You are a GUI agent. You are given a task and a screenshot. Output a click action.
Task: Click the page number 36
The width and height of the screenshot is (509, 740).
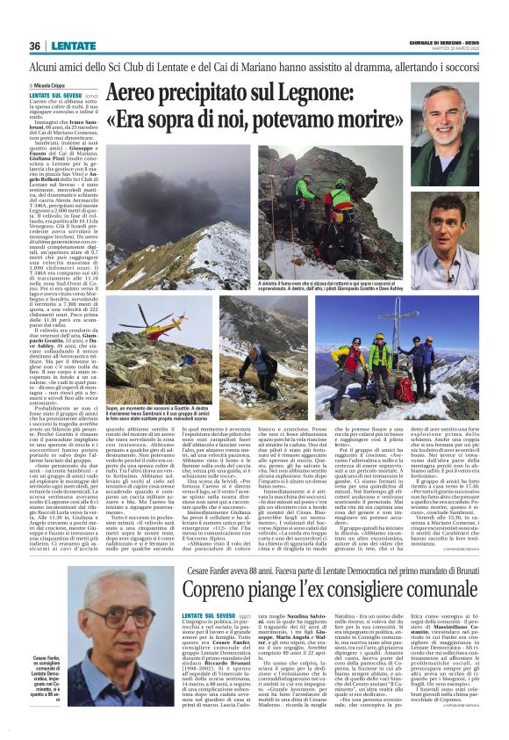click(x=35, y=46)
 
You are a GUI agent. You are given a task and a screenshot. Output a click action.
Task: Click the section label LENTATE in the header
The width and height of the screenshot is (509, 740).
click(x=74, y=46)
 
